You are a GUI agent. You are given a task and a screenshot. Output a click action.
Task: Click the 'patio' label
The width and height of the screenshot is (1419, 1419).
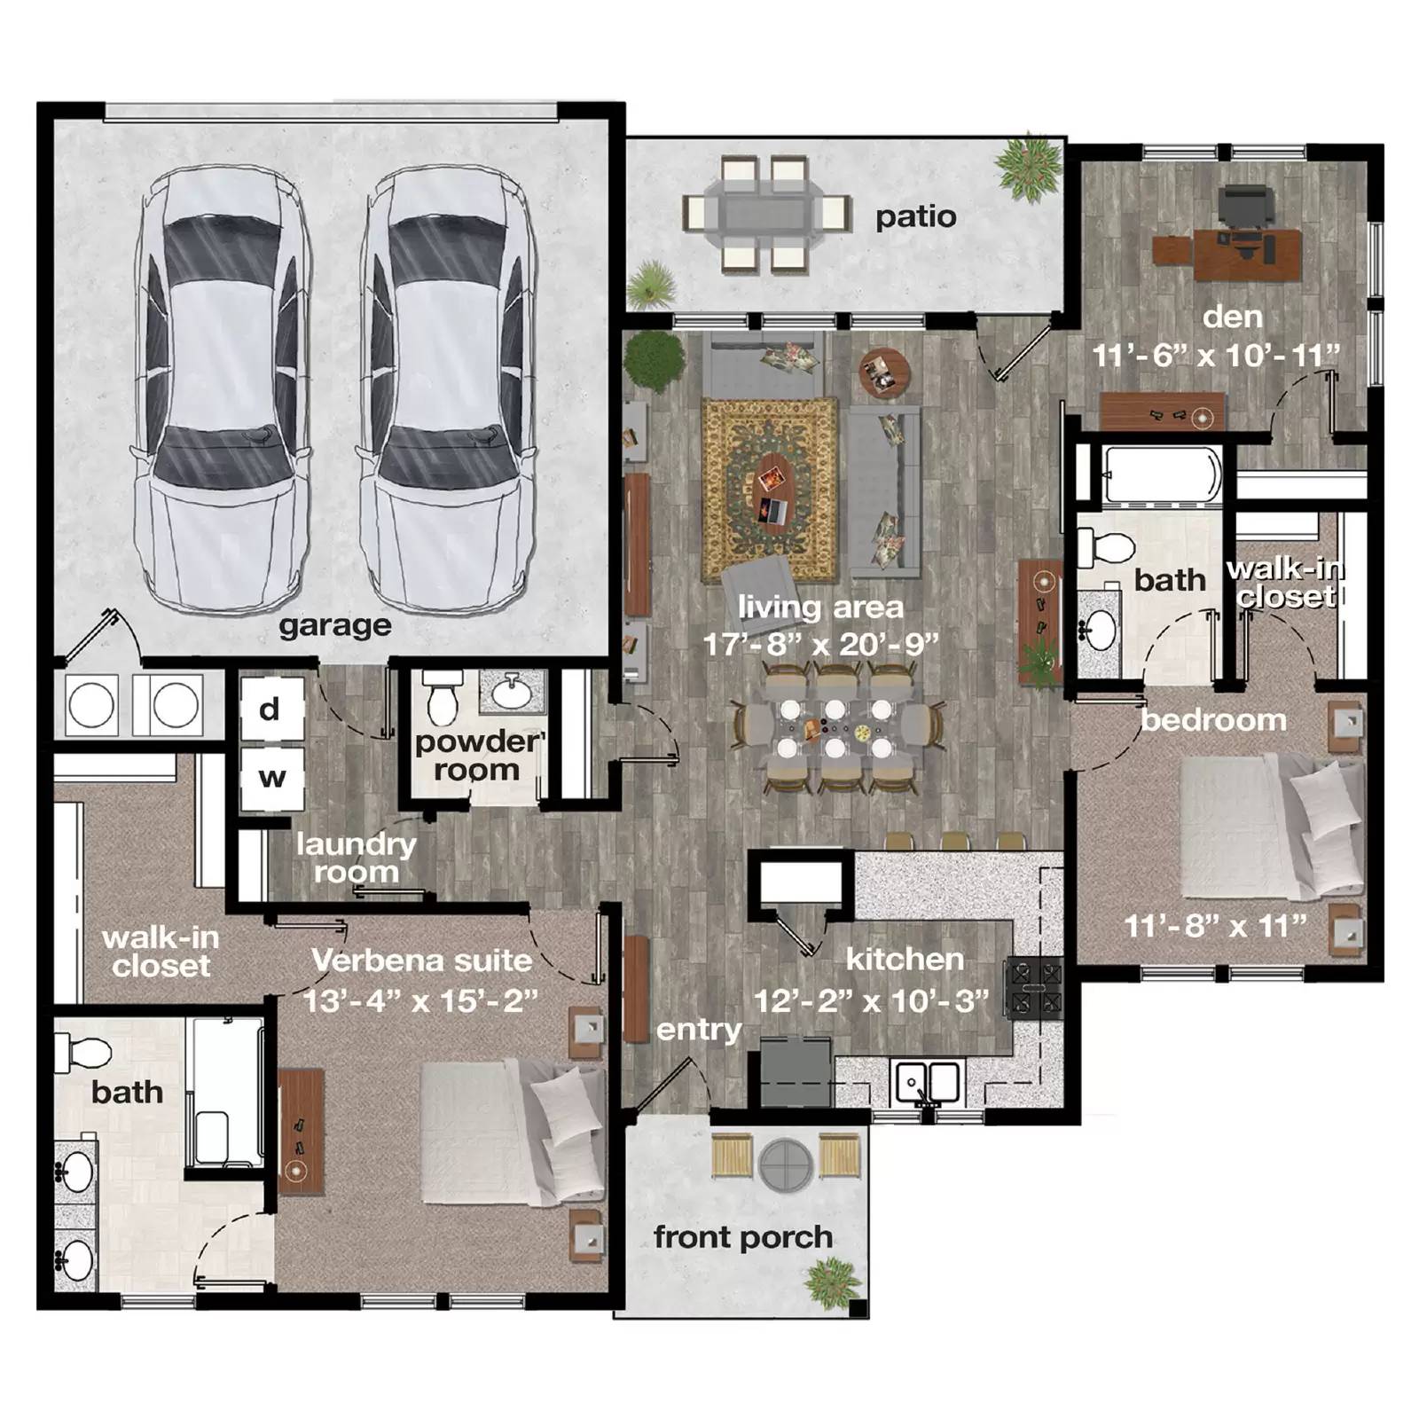point(916,217)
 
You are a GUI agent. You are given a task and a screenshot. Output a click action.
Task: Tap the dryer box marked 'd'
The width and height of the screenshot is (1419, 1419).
point(270,709)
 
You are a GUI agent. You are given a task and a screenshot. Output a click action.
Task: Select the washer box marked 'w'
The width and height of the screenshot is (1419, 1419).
point(271,778)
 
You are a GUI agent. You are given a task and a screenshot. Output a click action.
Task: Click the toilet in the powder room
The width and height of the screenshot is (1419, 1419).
point(443,697)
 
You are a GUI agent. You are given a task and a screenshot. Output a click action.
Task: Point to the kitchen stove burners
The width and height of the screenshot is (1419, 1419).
point(1033,986)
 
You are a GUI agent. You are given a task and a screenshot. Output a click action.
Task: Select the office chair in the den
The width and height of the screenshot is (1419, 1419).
point(1246,209)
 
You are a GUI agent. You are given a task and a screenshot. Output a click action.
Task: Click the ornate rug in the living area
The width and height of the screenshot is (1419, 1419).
point(769,490)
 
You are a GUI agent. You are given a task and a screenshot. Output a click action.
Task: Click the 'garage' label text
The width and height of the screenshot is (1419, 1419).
point(335,626)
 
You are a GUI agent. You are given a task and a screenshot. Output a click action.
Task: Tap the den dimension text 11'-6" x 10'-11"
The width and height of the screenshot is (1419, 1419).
point(1216,356)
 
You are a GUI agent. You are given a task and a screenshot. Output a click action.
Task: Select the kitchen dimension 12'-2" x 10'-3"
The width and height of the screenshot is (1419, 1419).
point(871,1001)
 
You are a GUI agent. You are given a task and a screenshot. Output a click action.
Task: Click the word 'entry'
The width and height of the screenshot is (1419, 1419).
point(699,1031)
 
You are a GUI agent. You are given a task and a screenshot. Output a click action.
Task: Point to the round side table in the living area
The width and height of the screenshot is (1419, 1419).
point(884,373)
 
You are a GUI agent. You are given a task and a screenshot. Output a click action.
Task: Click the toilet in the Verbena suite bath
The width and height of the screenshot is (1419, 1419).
point(82,1053)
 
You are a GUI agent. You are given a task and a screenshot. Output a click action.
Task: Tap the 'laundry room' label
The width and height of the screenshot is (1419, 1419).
point(357,858)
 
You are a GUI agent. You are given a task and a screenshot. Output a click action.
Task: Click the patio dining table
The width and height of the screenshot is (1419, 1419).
point(765,214)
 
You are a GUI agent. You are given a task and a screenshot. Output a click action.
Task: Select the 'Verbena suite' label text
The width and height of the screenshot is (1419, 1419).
point(422,960)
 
